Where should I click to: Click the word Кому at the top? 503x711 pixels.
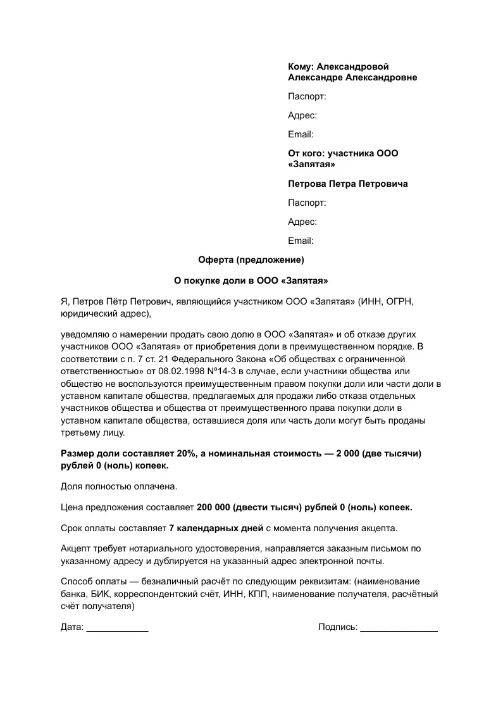[x=300, y=66]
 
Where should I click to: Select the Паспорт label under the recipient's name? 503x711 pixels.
[x=307, y=97]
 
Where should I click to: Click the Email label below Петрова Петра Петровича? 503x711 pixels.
[x=301, y=241]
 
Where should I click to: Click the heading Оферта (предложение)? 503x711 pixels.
[x=251, y=260]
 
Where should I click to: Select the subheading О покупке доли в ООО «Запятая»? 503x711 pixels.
[x=251, y=280]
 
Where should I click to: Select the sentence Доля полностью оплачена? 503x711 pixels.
[x=119, y=486]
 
